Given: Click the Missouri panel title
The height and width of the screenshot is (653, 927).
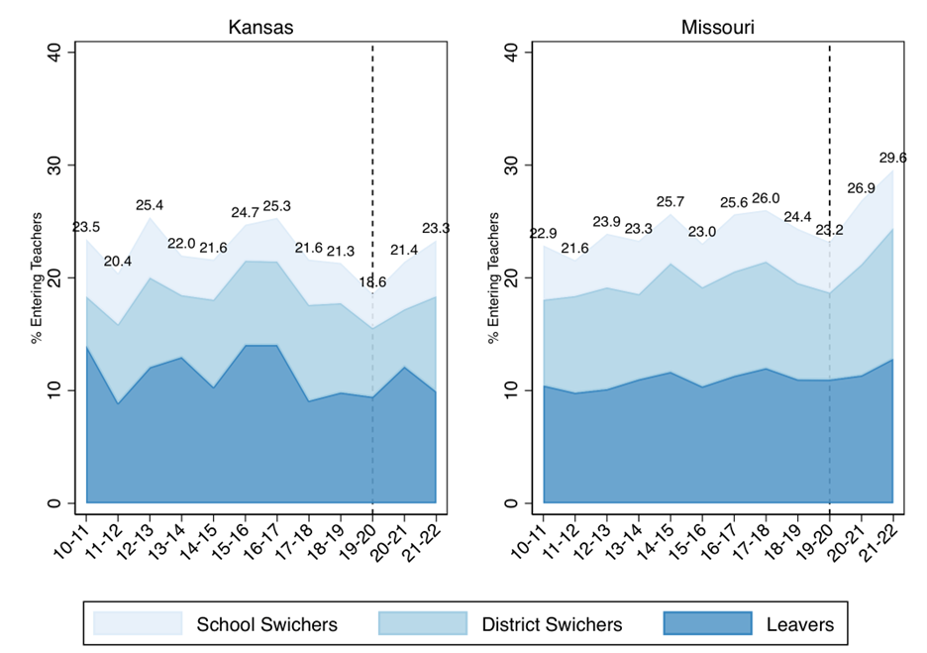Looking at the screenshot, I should [x=717, y=28].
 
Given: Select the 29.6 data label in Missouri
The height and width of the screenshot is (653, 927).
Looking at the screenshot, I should [x=893, y=158].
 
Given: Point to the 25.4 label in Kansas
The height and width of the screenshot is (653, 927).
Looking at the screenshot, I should [x=150, y=206].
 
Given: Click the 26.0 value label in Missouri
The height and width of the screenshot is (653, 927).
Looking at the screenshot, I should [x=765, y=198].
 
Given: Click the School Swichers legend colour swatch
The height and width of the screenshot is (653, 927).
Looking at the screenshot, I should [x=138, y=623].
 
